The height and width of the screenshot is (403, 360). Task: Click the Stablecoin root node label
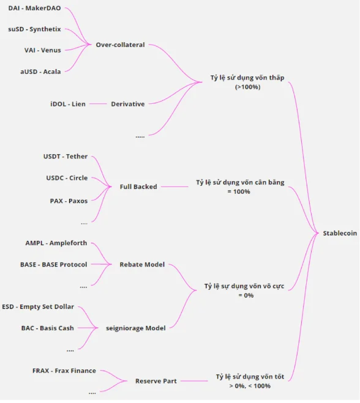click(340, 233)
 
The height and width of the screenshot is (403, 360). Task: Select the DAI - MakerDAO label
click(34, 8)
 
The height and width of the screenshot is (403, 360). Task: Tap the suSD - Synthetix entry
click(34, 29)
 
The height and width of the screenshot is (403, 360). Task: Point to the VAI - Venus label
click(43, 50)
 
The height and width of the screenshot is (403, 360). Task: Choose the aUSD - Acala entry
click(40, 72)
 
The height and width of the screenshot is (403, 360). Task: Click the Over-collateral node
click(120, 45)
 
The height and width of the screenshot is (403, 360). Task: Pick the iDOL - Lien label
click(68, 104)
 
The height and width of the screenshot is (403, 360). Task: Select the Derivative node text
click(127, 104)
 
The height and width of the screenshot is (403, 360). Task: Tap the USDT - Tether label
click(66, 157)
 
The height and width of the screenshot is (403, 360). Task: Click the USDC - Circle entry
click(67, 177)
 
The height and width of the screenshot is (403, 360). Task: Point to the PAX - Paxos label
click(69, 201)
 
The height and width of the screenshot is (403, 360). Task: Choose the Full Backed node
click(138, 187)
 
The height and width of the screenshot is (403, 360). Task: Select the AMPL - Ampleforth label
click(56, 243)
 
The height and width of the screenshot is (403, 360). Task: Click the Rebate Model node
click(142, 264)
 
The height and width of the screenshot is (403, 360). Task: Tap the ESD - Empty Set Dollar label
click(38, 306)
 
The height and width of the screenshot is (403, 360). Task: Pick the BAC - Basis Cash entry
click(48, 328)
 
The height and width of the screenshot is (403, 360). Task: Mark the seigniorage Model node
click(135, 328)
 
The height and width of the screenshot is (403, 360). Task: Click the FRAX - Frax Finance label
click(64, 371)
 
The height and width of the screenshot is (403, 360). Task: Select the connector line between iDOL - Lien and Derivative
click(98, 104)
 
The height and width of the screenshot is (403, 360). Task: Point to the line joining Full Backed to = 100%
click(174, 187)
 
